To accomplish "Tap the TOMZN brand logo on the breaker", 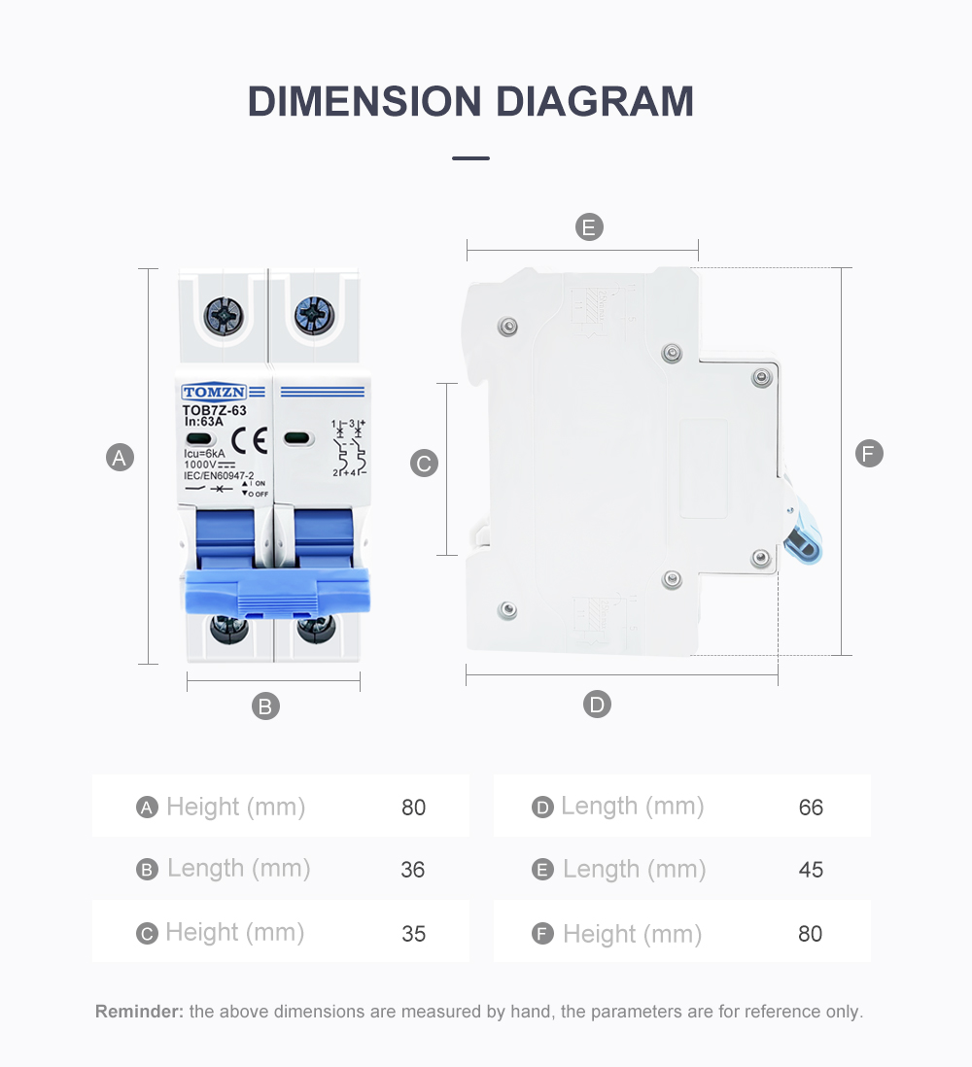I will (214, 393).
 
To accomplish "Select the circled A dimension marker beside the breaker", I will (120, 458).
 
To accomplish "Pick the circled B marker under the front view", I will (265, 706).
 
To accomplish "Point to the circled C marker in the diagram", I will (425, 464).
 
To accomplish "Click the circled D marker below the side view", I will (597, 705).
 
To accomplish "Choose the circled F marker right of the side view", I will (869, 454).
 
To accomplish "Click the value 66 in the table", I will (811, 808).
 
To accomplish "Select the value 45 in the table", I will (811, 870).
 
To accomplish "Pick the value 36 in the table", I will (413, 870).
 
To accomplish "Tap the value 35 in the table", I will (413, 934).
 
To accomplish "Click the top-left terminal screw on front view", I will (221, 316).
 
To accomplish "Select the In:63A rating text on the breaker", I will (204, 422).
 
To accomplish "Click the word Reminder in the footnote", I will (139, 1012).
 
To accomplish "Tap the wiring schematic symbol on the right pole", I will (349, 448).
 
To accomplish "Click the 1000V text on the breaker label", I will (200, 465).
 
